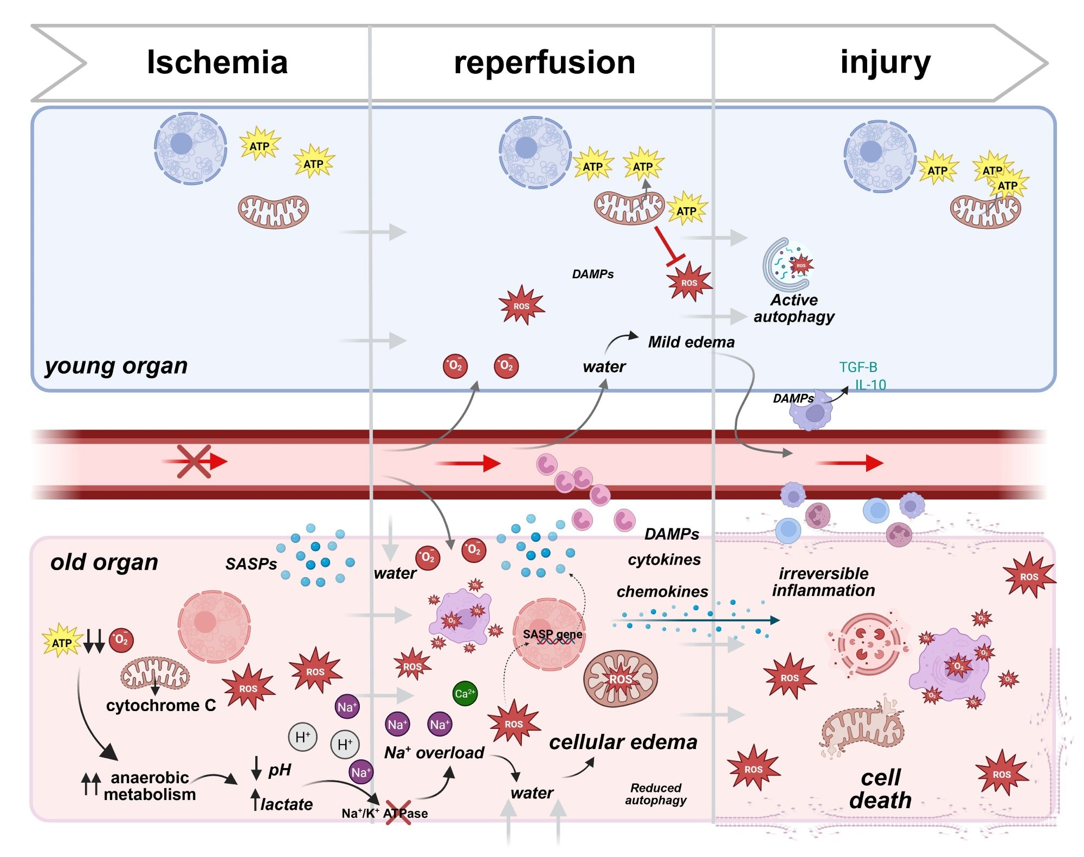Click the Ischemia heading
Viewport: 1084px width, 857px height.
217,62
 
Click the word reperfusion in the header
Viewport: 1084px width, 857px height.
544,62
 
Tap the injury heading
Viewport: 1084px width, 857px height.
885,62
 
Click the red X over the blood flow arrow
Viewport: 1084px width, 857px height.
193,462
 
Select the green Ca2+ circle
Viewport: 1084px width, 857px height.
464,693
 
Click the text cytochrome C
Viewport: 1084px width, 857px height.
161,705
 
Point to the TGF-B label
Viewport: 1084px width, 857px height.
857,367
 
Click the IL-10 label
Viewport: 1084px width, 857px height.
870,385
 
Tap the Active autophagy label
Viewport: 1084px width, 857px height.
794,308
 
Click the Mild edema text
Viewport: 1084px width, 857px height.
691,342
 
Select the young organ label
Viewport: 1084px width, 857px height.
116,366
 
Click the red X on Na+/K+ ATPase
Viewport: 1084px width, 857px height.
398,812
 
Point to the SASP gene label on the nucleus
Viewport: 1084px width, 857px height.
552,634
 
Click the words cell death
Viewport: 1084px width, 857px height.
881,789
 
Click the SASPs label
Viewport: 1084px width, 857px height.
251,564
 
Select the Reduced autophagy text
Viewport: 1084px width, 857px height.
656,794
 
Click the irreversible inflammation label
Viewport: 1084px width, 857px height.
823,581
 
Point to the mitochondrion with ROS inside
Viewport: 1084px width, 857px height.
620,679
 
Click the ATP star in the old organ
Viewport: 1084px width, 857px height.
62,642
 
